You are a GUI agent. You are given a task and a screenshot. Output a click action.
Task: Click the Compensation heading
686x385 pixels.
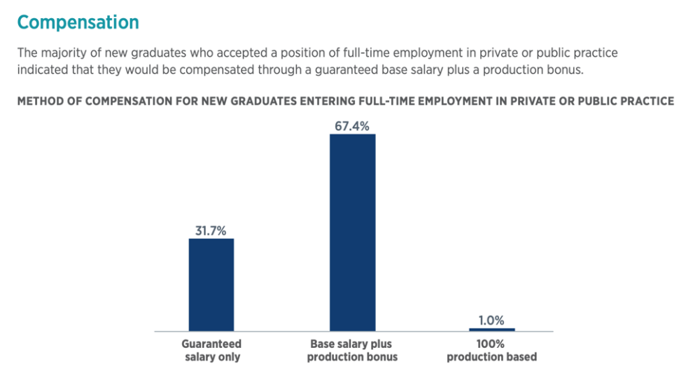[78, 22]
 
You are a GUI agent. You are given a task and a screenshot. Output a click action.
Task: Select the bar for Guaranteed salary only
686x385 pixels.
[211, 284]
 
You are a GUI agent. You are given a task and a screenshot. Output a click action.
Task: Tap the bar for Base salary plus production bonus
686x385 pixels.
[353, 232]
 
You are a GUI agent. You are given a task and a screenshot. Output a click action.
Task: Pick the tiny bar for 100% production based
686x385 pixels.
[491, 329]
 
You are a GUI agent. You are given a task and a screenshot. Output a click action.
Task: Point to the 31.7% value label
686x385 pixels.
[211, 230]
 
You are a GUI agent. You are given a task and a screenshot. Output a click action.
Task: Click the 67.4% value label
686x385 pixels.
[353, 125]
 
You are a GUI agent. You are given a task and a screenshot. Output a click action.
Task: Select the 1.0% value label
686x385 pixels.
[491, 321]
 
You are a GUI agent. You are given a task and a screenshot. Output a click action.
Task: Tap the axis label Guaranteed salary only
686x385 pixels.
[211, 350]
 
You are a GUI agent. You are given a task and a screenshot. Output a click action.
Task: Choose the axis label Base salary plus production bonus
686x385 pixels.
[353, 350]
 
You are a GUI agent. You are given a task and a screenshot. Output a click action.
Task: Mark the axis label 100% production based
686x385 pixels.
[491, 350]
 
